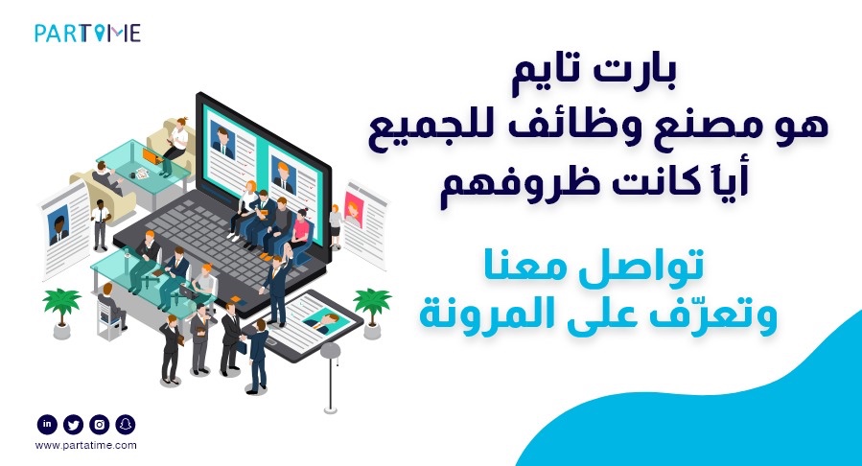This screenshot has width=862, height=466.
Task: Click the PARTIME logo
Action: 87,34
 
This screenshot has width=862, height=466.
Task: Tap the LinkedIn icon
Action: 46,424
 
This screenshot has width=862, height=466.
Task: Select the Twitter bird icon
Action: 73,424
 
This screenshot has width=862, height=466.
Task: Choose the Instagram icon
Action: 99,424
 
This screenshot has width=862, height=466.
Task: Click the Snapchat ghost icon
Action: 126,424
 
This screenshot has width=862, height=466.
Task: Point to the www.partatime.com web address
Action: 85,446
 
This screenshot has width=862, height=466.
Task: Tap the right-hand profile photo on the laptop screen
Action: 285,174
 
